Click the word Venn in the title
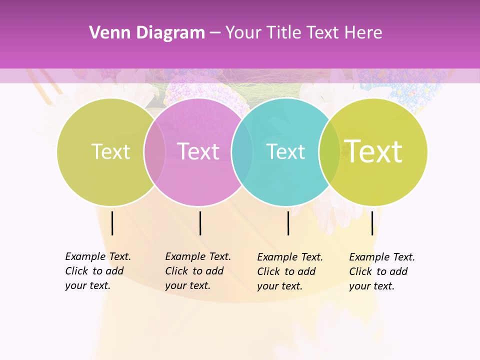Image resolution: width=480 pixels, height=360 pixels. click(105, 33)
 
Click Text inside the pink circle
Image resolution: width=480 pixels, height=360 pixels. click(198, 151)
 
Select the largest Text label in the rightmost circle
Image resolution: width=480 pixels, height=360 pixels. click(373, 151)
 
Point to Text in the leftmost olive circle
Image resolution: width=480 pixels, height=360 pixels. click(110, 151)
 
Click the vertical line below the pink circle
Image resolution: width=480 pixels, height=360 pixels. click(200, 223)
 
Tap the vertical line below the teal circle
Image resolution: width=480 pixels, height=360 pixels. click(288, 223)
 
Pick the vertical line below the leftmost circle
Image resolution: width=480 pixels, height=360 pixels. click(112, 223)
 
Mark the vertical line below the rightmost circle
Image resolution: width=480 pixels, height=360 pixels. click(372, 223)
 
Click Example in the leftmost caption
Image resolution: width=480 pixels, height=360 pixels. click(85, 256)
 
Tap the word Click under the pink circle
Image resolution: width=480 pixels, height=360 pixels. click(176, 271)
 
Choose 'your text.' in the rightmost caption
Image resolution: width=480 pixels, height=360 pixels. click(371, 286)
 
